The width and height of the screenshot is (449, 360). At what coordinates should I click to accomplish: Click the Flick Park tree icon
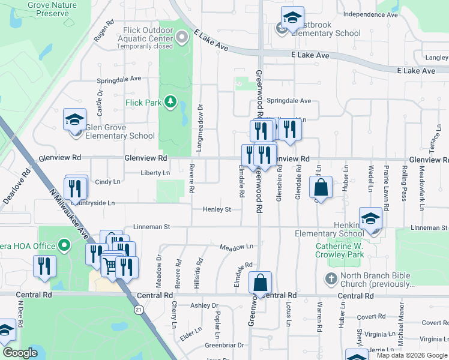click(170, 102)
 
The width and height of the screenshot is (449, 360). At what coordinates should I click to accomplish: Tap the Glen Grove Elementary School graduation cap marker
click(75, 120)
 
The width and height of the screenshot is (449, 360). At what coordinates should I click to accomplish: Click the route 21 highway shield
click(139, 310)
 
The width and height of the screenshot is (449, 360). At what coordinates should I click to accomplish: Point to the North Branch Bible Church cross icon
click(330, 279)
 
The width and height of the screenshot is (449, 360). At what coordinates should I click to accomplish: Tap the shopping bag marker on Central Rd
click(260, 283)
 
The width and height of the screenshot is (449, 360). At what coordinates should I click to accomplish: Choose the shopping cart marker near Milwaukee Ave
click(110, 265)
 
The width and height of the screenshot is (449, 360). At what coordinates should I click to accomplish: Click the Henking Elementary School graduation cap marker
click(370, 219)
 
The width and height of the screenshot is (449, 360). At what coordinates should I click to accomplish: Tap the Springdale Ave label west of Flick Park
click(119, 79)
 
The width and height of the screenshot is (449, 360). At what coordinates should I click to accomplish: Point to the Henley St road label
click(217, 209)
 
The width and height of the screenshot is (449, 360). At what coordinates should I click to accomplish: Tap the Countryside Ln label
click(91, 203)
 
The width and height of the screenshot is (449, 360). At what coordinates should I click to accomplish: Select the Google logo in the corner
click(20, 353)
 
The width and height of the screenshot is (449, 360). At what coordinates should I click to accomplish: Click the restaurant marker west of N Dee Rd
click(44, 266)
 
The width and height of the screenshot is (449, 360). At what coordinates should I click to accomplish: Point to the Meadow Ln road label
click(237, 247)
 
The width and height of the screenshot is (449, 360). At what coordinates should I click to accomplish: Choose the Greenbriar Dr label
click(224, 345)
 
